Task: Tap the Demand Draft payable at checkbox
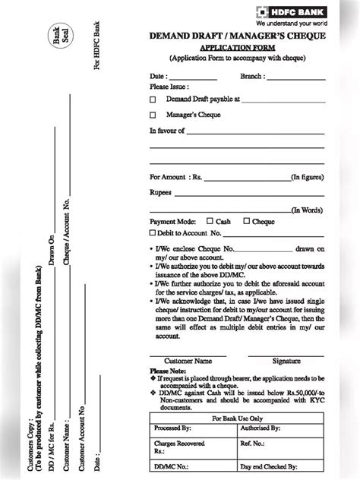pos(153,99)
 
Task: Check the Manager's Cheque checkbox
pos(153,115)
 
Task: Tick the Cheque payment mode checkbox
pos(245,221)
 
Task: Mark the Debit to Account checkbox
pos(153,233)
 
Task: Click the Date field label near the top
pos(159,77)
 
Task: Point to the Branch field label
pos(252,77)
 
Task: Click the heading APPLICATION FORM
pos(238,46)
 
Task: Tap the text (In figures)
pos(308,177)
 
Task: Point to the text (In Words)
pos(308,210)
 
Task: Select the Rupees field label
pos(161,193)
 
